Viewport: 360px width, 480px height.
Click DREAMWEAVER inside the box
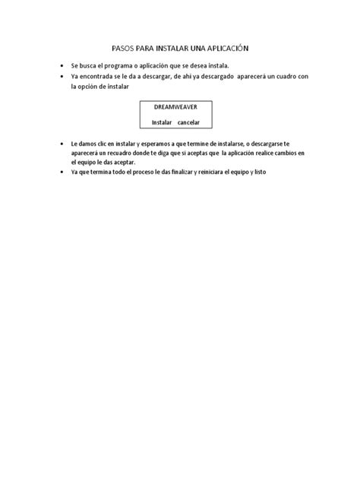175,108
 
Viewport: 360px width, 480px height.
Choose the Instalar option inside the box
162,122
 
